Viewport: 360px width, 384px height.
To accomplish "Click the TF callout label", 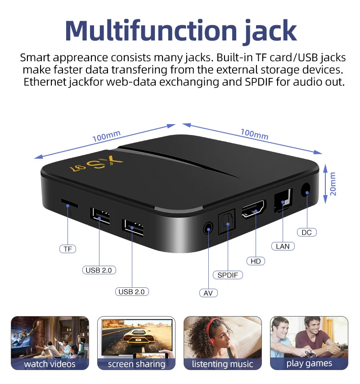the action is click(68, 249).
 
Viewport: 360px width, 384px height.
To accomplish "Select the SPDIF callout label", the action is click(228, 275).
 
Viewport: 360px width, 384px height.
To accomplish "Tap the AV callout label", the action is click(208, 293).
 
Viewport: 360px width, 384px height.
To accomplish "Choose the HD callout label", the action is click(256, 261).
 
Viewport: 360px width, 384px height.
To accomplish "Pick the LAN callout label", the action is click(283, 246).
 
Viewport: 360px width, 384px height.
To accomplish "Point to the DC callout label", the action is click(306, 232).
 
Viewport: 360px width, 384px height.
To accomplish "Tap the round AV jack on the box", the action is click(207, 228).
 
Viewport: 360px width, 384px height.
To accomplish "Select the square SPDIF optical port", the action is click(226, 223).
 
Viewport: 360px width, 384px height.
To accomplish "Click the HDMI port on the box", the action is click(254, 210).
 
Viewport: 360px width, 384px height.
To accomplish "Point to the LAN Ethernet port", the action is click(283, 199).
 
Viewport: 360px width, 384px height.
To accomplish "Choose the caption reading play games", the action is click(309, 363).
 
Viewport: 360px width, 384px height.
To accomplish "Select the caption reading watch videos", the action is click(50, 364).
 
